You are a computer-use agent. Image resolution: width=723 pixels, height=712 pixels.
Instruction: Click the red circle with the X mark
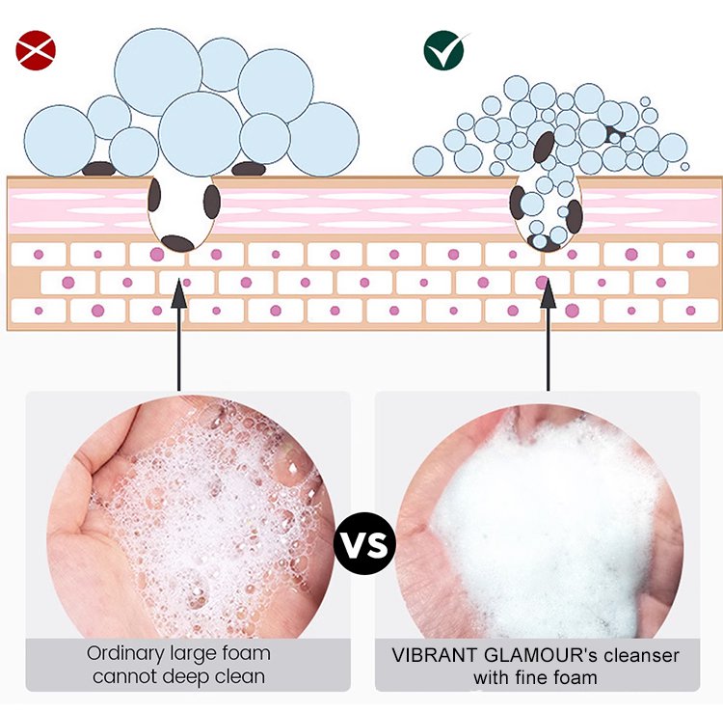click(x=35, y=51)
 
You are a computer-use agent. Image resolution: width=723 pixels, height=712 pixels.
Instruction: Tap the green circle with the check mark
click(x=444, y=51)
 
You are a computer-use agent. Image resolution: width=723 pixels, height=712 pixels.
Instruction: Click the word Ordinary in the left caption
click(x=123, y=654)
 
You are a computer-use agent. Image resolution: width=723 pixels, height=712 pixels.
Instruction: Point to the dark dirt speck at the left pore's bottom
click(x=176, y=242)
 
